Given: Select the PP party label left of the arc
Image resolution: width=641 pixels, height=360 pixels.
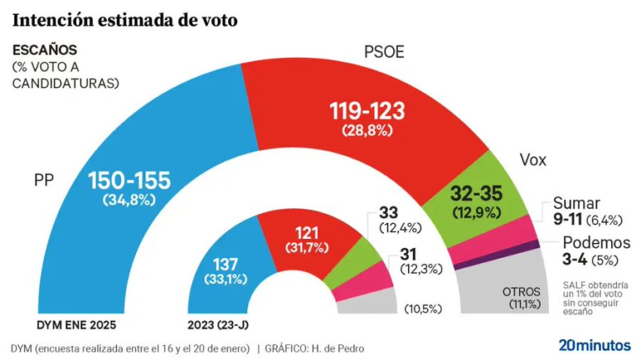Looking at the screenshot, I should click(44, 179).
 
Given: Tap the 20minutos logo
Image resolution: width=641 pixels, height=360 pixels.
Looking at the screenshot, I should click(593, 344).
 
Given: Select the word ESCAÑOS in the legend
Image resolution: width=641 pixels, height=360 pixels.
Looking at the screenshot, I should click(43, 51).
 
